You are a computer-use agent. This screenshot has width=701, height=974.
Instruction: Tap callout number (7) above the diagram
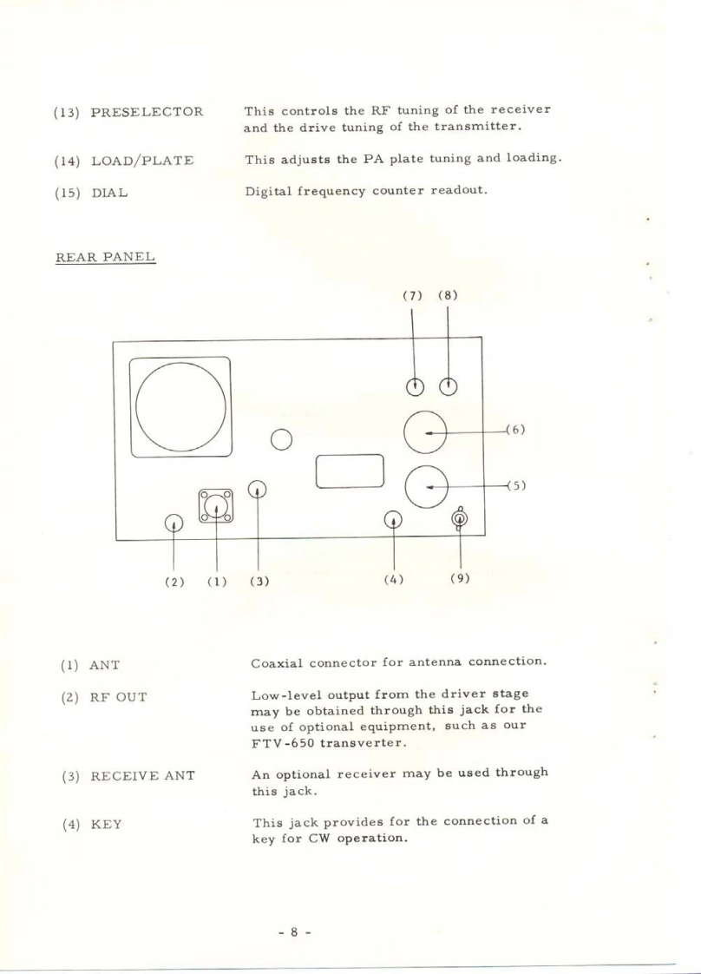click(x=412, y=294)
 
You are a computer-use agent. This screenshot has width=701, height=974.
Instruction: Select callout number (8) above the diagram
click(x=447, y=294)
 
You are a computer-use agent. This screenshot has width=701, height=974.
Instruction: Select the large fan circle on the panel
click(x=181, y=406)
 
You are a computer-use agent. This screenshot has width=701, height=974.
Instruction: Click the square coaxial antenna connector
click(x=215, y=504)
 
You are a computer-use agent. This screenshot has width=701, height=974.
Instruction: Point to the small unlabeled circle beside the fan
click(x=280, y=439)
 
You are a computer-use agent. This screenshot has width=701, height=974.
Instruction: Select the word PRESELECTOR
click(x=147, y=112)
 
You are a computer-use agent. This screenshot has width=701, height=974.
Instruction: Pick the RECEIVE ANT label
click(x=142, y=774)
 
